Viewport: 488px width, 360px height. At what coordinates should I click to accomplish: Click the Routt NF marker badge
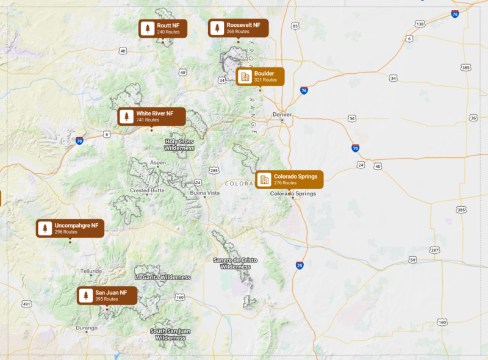click(x=163, y=28)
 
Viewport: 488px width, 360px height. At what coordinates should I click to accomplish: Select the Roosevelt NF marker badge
click(x=238, y=28)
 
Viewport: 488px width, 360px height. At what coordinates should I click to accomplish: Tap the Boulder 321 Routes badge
click(x=260, y=76)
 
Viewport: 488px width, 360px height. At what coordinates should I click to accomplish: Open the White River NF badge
click(x=151, y=117)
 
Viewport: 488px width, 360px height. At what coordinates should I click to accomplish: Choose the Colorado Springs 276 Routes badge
click(x=289, y=179)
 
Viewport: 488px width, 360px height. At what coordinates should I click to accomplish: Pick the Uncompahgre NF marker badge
click(x=70, y=228)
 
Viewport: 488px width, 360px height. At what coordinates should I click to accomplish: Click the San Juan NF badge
click(x=107, y=296)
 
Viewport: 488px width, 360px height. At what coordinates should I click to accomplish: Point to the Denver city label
click(x=282, y=114)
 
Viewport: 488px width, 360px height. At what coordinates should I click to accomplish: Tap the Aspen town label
click(x=157, y=163)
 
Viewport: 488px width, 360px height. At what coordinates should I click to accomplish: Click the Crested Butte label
click(x=148, y=190)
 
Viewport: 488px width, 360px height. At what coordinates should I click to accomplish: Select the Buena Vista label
click(x=204, y=193)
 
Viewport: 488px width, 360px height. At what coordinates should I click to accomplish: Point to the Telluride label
click(x=91, y=271)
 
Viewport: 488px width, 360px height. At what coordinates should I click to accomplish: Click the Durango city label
click(x=87, y=328)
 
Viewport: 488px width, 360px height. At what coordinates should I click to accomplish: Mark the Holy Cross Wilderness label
click(x=179, y=145)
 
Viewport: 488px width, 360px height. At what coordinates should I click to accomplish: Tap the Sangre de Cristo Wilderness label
click(x=235, y=263)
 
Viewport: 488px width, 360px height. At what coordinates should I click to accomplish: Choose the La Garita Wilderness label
click(x=162, y=277)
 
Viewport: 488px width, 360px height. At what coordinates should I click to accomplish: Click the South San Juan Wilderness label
click(x=170, y=334)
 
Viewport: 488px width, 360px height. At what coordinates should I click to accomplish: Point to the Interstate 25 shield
click(x=300, y=265)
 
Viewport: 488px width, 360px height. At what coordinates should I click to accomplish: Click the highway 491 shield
click(x=26, y=303)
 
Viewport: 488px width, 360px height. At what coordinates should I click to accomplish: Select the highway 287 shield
click(x=434, y=250)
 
